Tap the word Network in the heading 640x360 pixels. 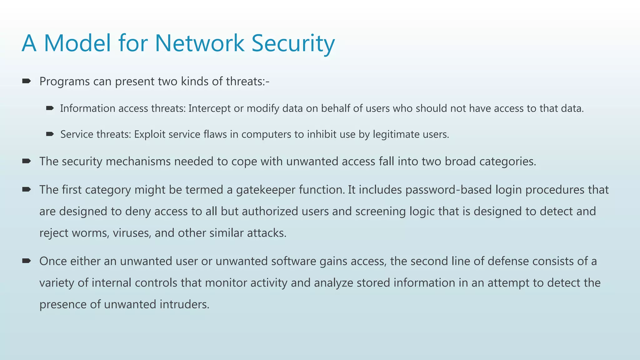tap(199, 43)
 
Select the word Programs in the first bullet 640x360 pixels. tap(65, 82)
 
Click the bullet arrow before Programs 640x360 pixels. tap(27, 81)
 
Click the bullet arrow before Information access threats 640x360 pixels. tap(50, 108)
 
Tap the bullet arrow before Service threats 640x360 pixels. tap(50, 134)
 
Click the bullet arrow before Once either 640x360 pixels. tap(27, 261)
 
